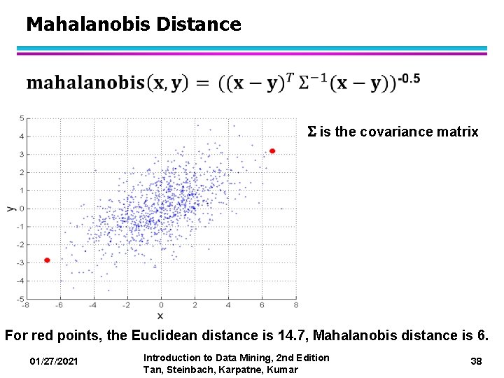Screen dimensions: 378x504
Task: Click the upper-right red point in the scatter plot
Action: coord(272,150)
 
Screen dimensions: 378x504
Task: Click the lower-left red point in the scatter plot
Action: coord(47,260)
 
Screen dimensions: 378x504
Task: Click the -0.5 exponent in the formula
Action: coord(408,79)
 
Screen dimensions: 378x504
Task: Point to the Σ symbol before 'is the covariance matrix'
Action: coord(312,132)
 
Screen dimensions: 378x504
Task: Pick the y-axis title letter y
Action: coord(10,208)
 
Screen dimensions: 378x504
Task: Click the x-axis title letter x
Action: coord(160,316)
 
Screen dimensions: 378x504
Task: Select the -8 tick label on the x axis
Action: coord(25,305)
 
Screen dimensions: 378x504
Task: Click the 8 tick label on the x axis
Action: coord(295,305)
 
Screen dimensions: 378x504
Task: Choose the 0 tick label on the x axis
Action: coord(160,305)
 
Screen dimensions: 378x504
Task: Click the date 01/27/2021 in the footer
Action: coord(55,361)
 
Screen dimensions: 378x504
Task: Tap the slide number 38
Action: coord(476,361)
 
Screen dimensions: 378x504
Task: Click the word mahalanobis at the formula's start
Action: coord(85,83)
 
